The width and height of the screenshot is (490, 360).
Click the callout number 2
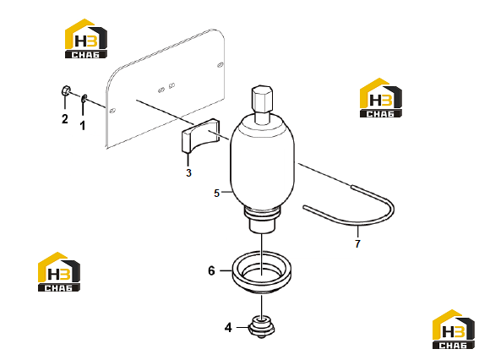[65, 119]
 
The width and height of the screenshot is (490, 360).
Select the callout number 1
[83, 125]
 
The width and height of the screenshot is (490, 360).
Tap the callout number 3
[188, 172]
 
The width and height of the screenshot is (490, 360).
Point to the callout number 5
[216, 194]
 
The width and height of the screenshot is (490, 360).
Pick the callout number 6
[211, 270]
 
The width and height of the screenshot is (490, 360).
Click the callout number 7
[358, 243]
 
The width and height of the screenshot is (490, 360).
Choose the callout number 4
[228, 328]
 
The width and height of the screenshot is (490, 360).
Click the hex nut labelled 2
[65, 90]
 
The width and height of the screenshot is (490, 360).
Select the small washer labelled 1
[84, 99]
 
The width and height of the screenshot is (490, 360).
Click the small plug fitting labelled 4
[262, 327]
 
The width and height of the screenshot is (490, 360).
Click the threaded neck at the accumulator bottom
[262, 220]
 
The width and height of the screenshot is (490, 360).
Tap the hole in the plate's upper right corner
[220, 65]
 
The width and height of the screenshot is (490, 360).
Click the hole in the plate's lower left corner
[113, 111]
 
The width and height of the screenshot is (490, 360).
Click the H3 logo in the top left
[86, 39]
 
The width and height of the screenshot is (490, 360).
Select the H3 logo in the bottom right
[454, 330]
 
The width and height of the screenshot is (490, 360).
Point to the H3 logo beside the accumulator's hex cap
[381, 98]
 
